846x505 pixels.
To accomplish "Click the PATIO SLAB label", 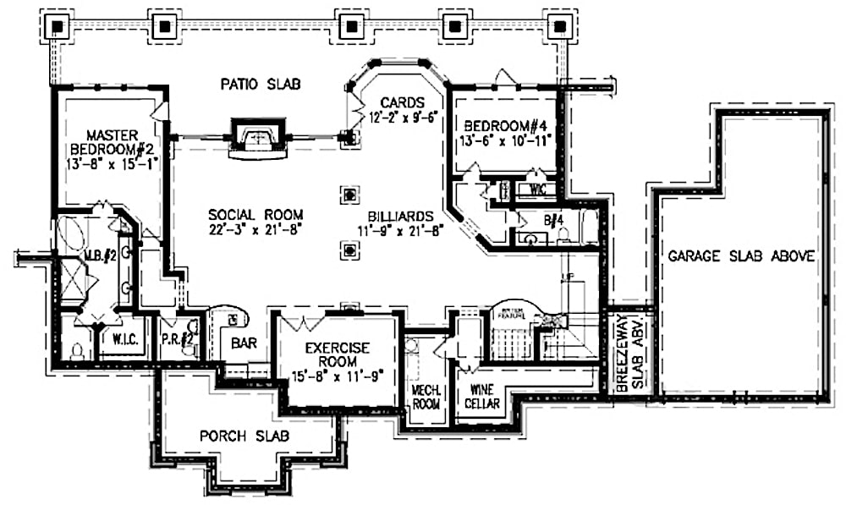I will (261, 84).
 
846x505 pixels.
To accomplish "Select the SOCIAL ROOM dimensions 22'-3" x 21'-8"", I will (255, 229).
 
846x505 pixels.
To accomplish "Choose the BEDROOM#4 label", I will (506, 124).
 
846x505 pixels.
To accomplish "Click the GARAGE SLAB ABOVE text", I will (741, 255).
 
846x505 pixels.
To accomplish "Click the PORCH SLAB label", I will (244, 436).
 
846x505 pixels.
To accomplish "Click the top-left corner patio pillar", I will (57, 25).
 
